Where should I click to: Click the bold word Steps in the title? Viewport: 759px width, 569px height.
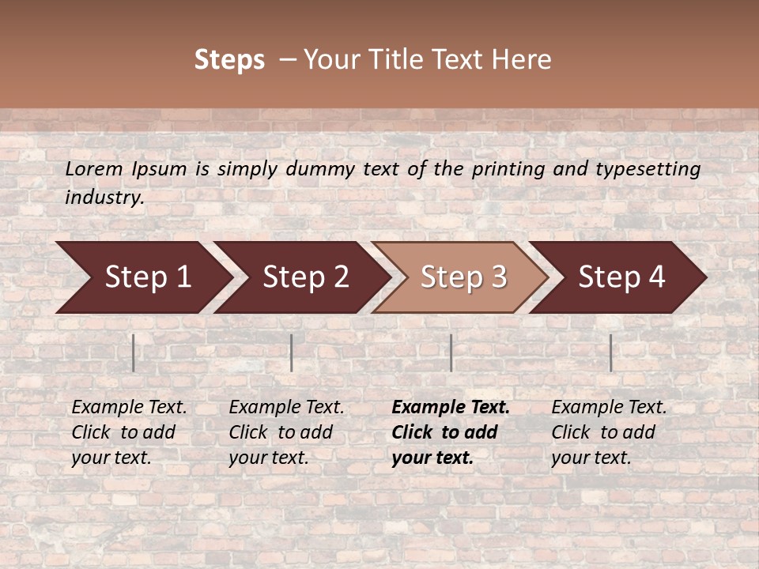coord(229,60)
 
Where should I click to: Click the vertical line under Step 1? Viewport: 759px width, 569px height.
coord(134,352)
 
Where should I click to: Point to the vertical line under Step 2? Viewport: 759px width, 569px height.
coord(292,352)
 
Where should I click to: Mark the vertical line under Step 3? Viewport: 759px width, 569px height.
coord(451,352)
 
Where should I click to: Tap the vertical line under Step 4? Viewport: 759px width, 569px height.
coord(610,352)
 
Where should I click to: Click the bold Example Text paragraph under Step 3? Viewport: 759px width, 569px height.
coord(450,432)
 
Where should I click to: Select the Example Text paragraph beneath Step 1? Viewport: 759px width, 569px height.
coord(129,432)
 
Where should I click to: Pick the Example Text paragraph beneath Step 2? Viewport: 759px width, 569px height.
coord(286,432)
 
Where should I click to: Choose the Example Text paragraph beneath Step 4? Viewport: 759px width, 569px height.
coord(609,432)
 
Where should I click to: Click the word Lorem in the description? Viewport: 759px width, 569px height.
coord(93,169)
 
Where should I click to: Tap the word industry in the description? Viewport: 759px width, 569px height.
coord(104,198)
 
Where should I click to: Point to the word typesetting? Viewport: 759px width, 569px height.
coord(648,169)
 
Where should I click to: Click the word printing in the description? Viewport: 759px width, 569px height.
coord(506,169)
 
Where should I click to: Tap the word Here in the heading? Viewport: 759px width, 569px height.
coord(521,60)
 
